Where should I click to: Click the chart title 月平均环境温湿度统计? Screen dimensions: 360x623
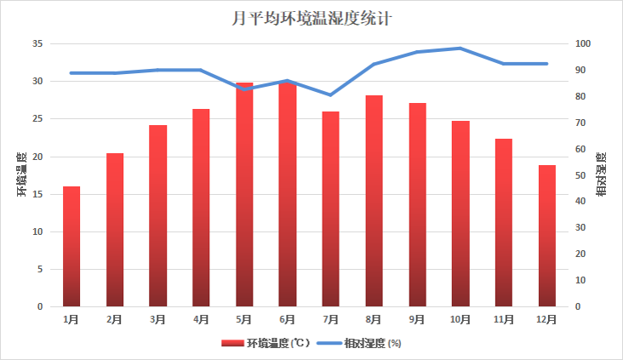(x=311, y=17)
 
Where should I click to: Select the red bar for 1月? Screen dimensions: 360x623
(x=71, y=246)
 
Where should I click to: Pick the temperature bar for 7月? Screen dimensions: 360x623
(x=331, y=209)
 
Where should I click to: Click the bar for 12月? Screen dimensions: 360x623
(x=546, y=236)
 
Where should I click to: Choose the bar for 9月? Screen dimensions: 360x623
(x=417, y=204)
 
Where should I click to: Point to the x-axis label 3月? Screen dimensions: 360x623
(x=157, y=320)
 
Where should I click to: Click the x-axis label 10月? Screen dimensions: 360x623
(x=460, y=320)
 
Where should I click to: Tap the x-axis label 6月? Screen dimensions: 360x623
(x=288, y=320)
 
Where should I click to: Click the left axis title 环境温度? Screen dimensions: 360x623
(x=23, y=174)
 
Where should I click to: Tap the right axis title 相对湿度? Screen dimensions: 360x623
(x=601, y=174)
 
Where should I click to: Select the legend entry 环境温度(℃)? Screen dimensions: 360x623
(x=267, y=343)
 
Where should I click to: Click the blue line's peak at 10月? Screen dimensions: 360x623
(x=460, y=49)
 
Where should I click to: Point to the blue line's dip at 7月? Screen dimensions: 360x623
(x=331, y=94)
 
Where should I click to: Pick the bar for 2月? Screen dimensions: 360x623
(x=115, y=230)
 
